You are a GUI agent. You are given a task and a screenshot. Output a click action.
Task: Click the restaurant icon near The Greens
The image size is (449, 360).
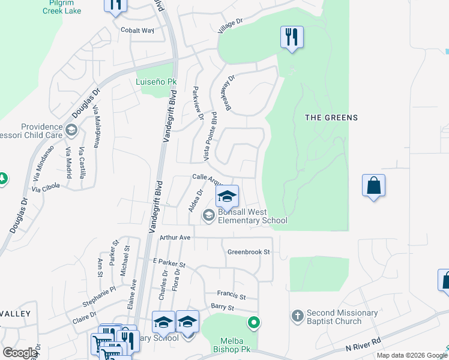point(292,37)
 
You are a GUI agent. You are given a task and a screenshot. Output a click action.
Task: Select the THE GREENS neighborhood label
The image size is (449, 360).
point(331,118)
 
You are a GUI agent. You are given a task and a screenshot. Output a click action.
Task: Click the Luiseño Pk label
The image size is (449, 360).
point(157,81)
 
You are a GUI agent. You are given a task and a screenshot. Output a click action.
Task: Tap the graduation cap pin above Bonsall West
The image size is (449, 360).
point(227,196)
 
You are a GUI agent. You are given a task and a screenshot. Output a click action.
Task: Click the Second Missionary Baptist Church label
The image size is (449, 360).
point(342,317)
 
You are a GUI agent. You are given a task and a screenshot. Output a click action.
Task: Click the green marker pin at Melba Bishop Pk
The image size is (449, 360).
point(254,323)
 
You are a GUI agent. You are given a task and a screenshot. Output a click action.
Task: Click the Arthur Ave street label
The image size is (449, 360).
point(175,238)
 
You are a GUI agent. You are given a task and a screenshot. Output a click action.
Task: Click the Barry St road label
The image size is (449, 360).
point(221,307)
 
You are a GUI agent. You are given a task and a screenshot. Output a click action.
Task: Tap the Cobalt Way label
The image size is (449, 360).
point(137,30)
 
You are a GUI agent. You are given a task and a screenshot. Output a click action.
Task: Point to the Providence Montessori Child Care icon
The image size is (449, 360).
point(71,130)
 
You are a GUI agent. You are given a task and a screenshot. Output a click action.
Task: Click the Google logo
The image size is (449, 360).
point(20,353)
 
